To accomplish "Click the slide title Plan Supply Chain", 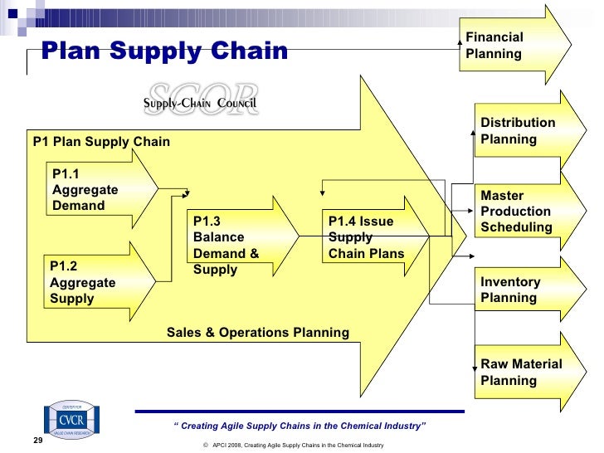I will [x=165, y=52].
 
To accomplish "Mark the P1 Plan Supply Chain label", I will [x=101, y=142].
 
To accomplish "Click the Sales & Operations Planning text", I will [x=258, y=333].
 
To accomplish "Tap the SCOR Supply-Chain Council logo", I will [x=201, y=100].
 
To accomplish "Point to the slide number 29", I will [x=37, y=441].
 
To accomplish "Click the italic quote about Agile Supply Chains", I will [x=300, y=426].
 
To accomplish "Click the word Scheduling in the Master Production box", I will [x=516, y=227].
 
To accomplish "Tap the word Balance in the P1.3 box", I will [x=218, y=237].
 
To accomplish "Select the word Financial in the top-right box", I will [x=494, y=37].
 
